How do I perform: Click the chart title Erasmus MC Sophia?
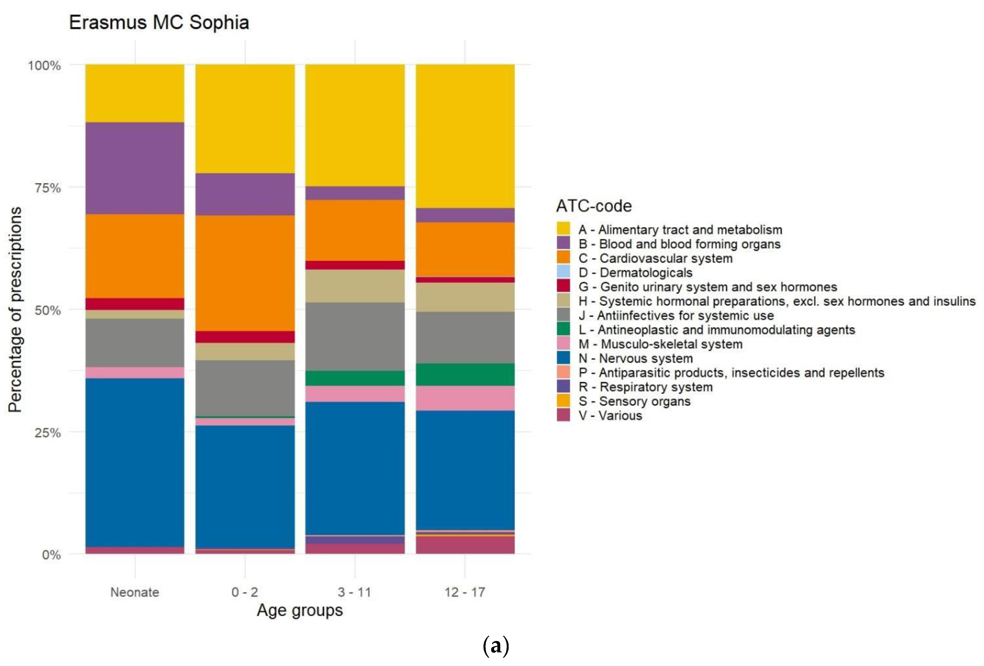tap(159, 23)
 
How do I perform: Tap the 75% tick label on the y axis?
tap(47, 188)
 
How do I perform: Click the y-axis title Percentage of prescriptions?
tap(15, 309)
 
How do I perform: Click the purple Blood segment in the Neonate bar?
tap(135, 168)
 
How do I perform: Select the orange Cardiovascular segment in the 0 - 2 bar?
tap(245, 273)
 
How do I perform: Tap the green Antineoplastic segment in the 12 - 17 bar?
tap(465, 374)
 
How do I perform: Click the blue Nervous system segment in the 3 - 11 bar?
tap(355, 468)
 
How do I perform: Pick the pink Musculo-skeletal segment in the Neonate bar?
tap(135, 373)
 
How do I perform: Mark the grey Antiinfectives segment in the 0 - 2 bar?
tap(245, 388)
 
